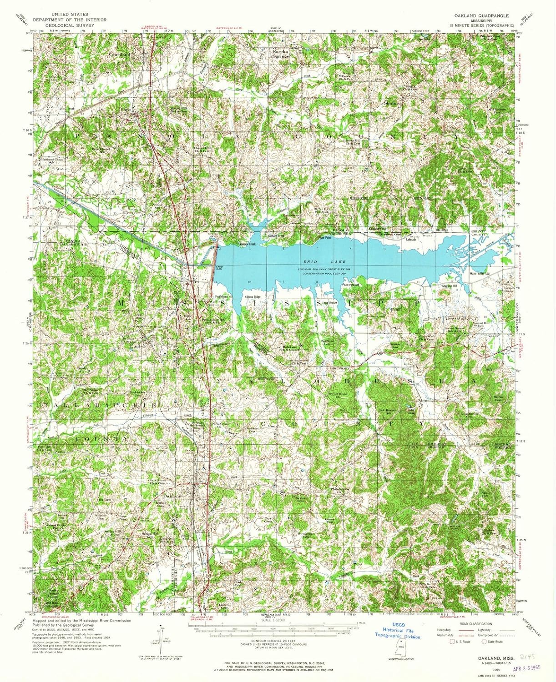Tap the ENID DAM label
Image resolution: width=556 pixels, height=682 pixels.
(219, 268)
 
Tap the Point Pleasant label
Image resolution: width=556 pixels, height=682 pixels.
(351, 285)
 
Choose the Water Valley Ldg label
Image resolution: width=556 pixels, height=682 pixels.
(479, 274)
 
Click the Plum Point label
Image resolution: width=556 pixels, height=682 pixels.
(324, 237)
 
